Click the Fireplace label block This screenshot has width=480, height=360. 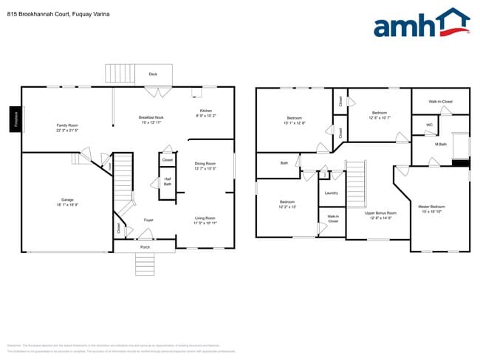tap(15, 119)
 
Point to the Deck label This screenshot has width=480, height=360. tap(153, 75)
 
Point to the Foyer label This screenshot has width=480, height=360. tap(148, 220)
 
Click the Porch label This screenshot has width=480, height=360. tap(145, 247)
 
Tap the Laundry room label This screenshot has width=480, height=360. tap(332, 193)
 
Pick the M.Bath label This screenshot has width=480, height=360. tap(440, 145)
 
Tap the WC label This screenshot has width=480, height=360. tap(429, 125)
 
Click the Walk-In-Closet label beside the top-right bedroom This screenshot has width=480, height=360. tap(442, 101)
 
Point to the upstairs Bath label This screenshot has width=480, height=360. tap(284, 163)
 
